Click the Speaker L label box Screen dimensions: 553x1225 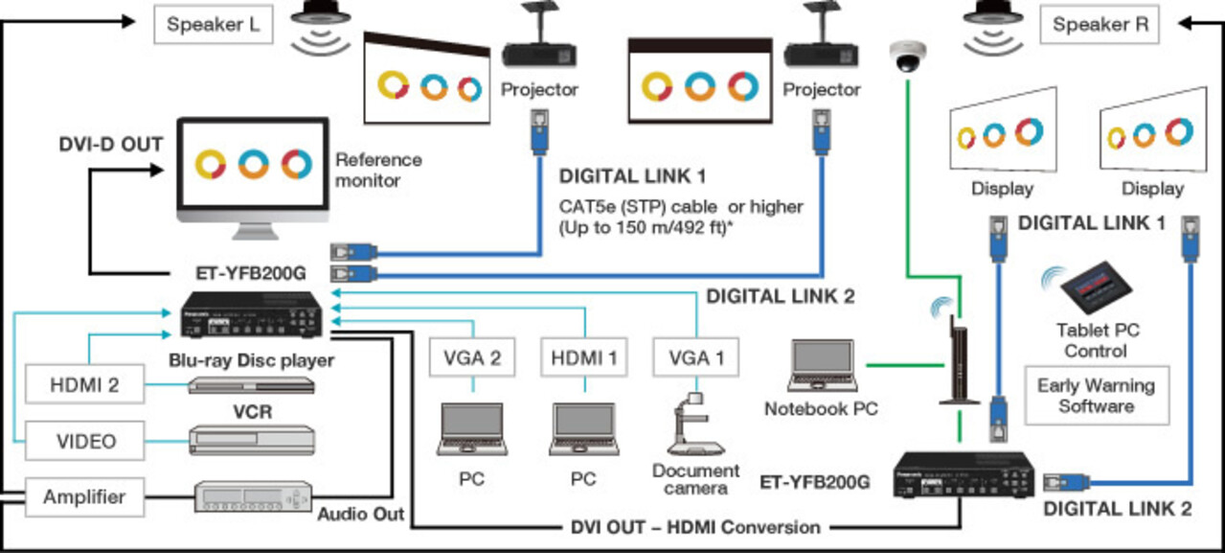coord(214,25)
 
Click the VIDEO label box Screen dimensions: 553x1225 coord(85,441)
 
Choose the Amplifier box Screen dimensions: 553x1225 coord(85,496)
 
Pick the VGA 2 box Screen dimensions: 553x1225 coord(473,358)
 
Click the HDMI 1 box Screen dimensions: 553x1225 coord(584,358)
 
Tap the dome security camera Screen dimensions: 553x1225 coord(905,58)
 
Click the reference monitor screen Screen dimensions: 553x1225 coord(253,165)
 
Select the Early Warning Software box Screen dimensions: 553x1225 coord(1097,395)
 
